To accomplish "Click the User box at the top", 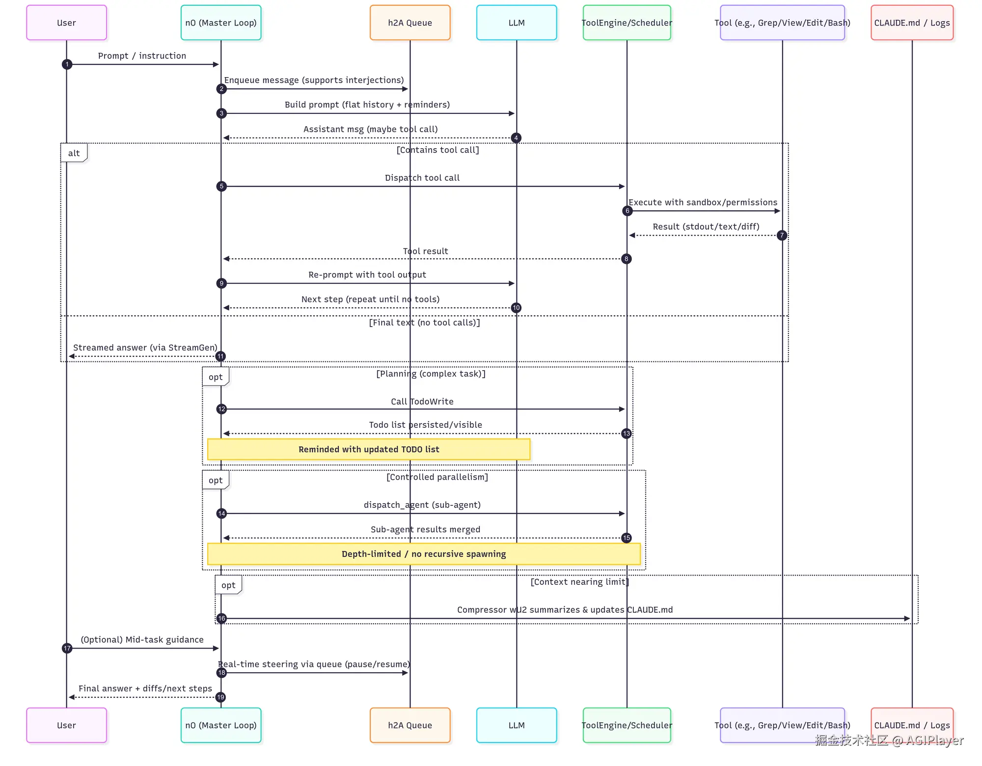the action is (x=66, y=23).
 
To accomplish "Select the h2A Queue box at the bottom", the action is (x=410, y=725).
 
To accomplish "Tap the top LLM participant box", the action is (x=517, y=23).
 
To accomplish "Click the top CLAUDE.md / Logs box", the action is (x=912, y=23).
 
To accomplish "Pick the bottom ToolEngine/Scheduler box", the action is (x=627, y=725).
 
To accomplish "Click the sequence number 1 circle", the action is (x=67, y=64).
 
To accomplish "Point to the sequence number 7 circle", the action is (x=782, y=235).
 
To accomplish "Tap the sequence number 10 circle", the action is (x=516, y=308).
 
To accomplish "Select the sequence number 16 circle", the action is (x=221, y=619).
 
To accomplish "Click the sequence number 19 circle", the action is (x=220, y=697).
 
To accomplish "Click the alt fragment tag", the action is (x=74, y=153).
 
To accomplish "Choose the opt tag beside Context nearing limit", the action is (x=228, y=585).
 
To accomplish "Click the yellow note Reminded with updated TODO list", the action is (x=369, y=449).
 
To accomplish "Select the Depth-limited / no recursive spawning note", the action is (x=424, y=554).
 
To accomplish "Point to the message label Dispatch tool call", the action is (x=422, y=178).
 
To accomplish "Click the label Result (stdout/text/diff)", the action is (x=706, y=226).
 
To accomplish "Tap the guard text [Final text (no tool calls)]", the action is (x=425, y=323).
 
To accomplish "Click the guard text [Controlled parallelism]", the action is (x=437, y=477).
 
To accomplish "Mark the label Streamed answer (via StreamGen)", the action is (x=145, y=348).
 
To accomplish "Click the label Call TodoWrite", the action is (x=422, y=402).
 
